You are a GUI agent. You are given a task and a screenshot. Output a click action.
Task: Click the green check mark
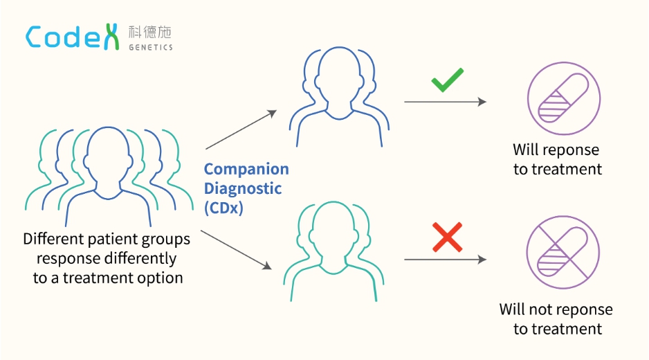(x=447, y=82)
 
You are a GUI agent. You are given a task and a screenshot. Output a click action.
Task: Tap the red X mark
(x=447, y=237)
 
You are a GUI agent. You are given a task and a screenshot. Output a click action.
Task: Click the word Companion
(x=246, y=170)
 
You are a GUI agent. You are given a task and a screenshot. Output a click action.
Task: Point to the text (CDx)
(x=223, y=207)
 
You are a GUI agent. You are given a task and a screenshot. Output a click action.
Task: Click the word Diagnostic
(x=243, y=188)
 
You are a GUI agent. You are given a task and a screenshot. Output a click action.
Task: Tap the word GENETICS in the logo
(x=150, y=47)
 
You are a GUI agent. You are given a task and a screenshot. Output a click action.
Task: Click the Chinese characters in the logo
(x=149, y=32)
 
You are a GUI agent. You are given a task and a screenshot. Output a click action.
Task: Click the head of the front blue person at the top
(x=338, y=75)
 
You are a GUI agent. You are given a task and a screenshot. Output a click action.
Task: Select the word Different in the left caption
(x=55, y=240)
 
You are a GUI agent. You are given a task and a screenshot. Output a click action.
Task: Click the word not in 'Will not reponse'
(x=542, y=309)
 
